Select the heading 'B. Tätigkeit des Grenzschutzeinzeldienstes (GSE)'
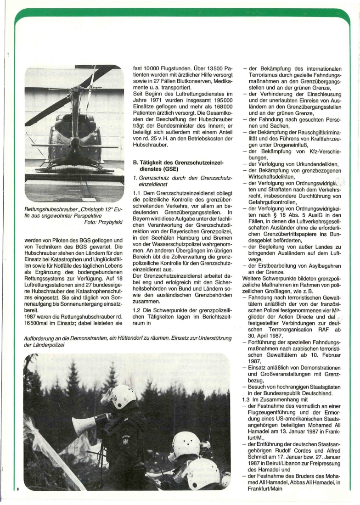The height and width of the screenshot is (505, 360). coord(172,167)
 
